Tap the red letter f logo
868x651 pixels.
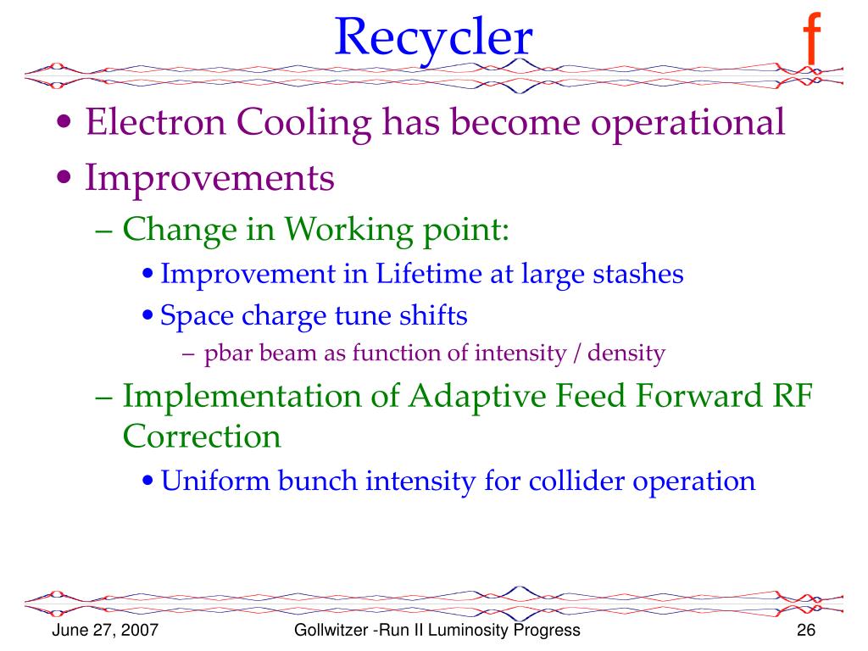click(x=811, y=39)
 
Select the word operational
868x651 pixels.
click(x=687, y=124)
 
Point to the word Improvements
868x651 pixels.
click(x=210, y=178)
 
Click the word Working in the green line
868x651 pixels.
click(x=348, y=231)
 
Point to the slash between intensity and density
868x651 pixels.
click(x=576, y=353)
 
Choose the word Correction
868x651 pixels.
click(x=202, y=437)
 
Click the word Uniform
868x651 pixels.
click(x=215, y=481)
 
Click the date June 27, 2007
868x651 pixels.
click(x=105, y=631)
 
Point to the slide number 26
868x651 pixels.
click(x=806, y=630)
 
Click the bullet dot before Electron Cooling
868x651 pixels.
click(x=64, y=122)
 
